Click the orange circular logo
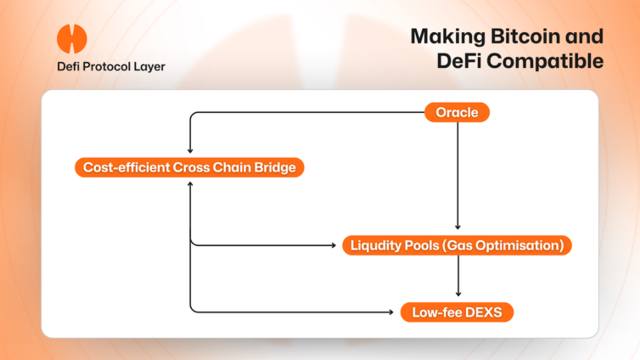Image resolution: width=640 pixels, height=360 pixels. coord(72,39)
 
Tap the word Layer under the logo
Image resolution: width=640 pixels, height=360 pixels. coord(149,67)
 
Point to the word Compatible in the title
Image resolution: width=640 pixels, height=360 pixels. coord(545,61)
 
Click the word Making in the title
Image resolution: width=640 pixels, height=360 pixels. coord(448,37)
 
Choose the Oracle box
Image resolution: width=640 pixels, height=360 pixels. coord(457,112)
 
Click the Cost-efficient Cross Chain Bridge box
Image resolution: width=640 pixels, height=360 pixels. coord(189,167)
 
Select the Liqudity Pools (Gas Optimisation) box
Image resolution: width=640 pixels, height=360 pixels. coord(457,245)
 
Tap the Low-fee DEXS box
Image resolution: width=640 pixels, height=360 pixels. coord(457,312)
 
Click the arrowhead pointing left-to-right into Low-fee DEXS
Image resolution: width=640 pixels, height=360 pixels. coord(391,312)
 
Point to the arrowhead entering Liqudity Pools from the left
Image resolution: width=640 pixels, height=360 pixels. coord(334,245)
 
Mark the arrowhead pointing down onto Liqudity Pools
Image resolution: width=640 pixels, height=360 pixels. coord(458,227)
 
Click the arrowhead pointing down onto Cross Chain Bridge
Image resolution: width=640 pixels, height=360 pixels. coord(190,150)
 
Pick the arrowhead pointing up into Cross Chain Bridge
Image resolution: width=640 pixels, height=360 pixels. coord(190,184)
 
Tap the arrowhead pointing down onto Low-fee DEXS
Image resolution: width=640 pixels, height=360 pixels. coord(458,294)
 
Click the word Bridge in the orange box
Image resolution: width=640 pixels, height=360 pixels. coord(275,168)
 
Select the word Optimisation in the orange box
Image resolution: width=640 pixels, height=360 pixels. coord(519,245)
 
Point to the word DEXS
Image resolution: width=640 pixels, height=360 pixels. coord(483,312)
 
